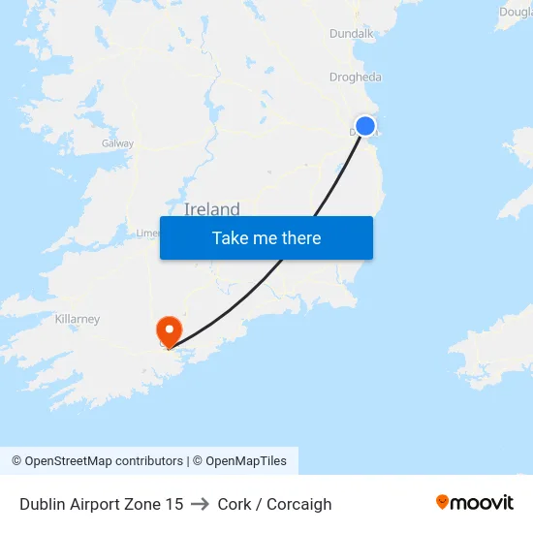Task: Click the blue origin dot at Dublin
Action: pyautogui.click(x=365, y=126)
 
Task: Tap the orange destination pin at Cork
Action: pyautogui.click(x=170, y=329)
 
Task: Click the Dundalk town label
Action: pyautogui.click(x=351, y=33)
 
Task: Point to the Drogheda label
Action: pyautogui.click(x=356, y=78)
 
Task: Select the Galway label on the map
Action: pyautogui.click(x=117, y=143)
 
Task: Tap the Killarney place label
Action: pyautogui.click(x=78, y=319)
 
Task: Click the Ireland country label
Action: pyautogui.click(x=211, y=209)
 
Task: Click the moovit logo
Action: pyautogui.click(x=474, y=502)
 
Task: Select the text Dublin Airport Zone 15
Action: pyautogui.click(x=101, y=504)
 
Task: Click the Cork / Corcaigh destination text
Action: pyautogui.click(x=274, y=504)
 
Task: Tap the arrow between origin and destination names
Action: pyautogui.click(x=201, y=504)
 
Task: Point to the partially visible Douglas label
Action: pyautogui.click(x=515, y=12)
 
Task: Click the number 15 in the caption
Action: pyautogui.click(x=173, y=504)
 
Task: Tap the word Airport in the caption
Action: pyautogui.click(x=95, y=504)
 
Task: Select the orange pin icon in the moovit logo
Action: pyautogui.click(x=442, y=502)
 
